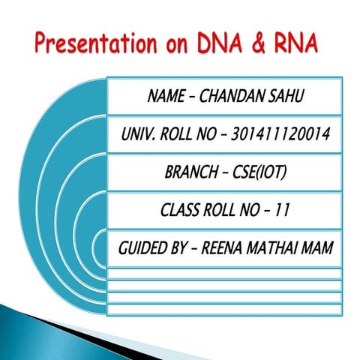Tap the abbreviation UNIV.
[137, 135]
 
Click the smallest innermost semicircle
[100, 247]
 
